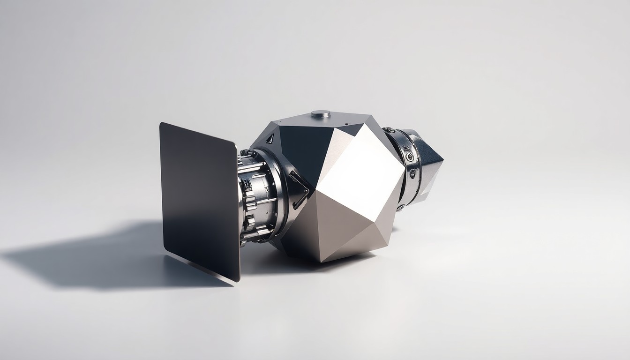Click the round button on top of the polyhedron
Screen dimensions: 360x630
click(321, 113)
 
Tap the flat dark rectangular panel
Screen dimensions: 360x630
click(199, 197)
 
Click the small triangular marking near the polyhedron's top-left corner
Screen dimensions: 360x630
click(270, 138)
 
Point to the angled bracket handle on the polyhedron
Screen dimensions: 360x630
click(299, 190)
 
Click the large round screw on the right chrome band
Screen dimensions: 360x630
click(410, 157)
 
